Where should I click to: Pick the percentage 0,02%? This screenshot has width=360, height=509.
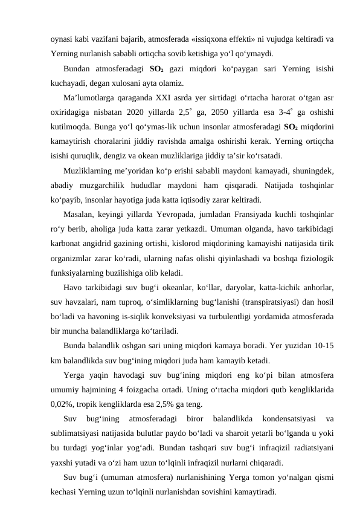[62, 404]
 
